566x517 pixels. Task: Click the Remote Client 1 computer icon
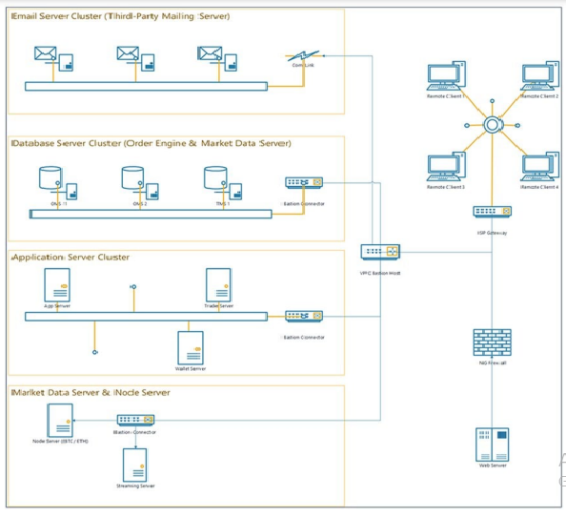coord(444,77)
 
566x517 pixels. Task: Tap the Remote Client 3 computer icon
coord(444,167)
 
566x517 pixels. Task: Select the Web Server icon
coord(492,444)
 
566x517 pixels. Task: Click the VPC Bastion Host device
coord(380,252)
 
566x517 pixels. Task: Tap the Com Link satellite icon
coord(303,58)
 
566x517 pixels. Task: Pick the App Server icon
coord(56,285)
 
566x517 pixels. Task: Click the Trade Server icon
coord(218,285)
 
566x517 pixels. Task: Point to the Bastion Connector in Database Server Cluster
coord(304,182)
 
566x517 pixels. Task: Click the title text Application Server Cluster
coord(71,258)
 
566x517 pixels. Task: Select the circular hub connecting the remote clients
coord(492,124)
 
